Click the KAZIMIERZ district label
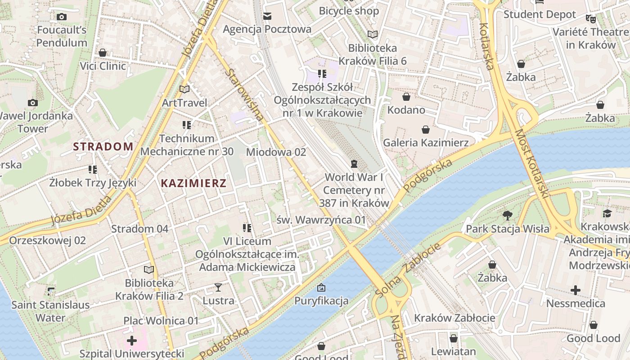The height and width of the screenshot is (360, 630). click(193, 183)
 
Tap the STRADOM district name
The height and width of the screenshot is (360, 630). click(103, 146)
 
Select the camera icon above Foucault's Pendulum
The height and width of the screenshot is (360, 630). click(62, 17)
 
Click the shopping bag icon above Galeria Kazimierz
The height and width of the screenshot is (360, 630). click(426, 130)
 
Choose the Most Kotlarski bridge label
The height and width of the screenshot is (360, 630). click(532, 164)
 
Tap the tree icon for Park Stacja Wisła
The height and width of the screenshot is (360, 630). click(508, 216)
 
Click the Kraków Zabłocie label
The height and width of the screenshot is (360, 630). click(454, 318)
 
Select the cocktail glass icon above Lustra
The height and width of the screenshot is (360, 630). click(218, 287)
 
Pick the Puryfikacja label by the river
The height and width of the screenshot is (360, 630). click(321, 301)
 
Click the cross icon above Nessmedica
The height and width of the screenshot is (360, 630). click(576, 290)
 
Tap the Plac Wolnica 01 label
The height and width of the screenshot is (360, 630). click(161, 321)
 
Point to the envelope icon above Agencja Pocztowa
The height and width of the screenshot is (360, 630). click(267, 17)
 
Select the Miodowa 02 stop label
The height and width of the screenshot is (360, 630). click(276, 152)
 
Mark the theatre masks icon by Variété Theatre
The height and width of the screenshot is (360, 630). click(590, 19)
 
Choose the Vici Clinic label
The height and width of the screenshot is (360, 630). click(103, 66)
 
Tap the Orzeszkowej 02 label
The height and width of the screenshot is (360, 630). click(47, 240)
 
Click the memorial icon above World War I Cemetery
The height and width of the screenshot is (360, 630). click(354, 163)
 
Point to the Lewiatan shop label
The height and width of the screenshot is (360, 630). click(453, 351)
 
